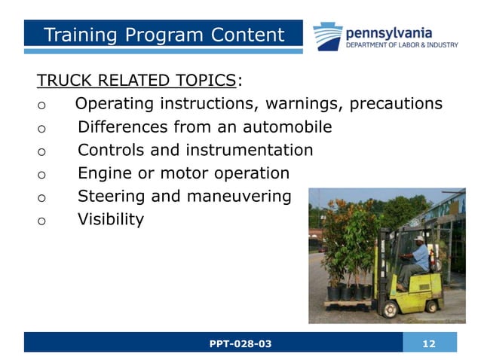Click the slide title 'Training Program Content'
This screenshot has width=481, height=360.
click(x=164, y=35)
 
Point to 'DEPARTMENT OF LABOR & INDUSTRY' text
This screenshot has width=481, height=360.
click(x=401, y=44)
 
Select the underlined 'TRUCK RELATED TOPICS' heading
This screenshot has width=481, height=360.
click(x=136, y=81)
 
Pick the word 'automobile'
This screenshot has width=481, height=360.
click(x=287, y=127)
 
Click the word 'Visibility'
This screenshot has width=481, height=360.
click(x=111, y=220)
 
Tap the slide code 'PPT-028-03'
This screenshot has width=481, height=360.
click(x=240, y=343)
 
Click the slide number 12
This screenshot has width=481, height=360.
click(x=430, y=343)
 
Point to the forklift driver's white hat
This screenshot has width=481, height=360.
click(x=419, y=238)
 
